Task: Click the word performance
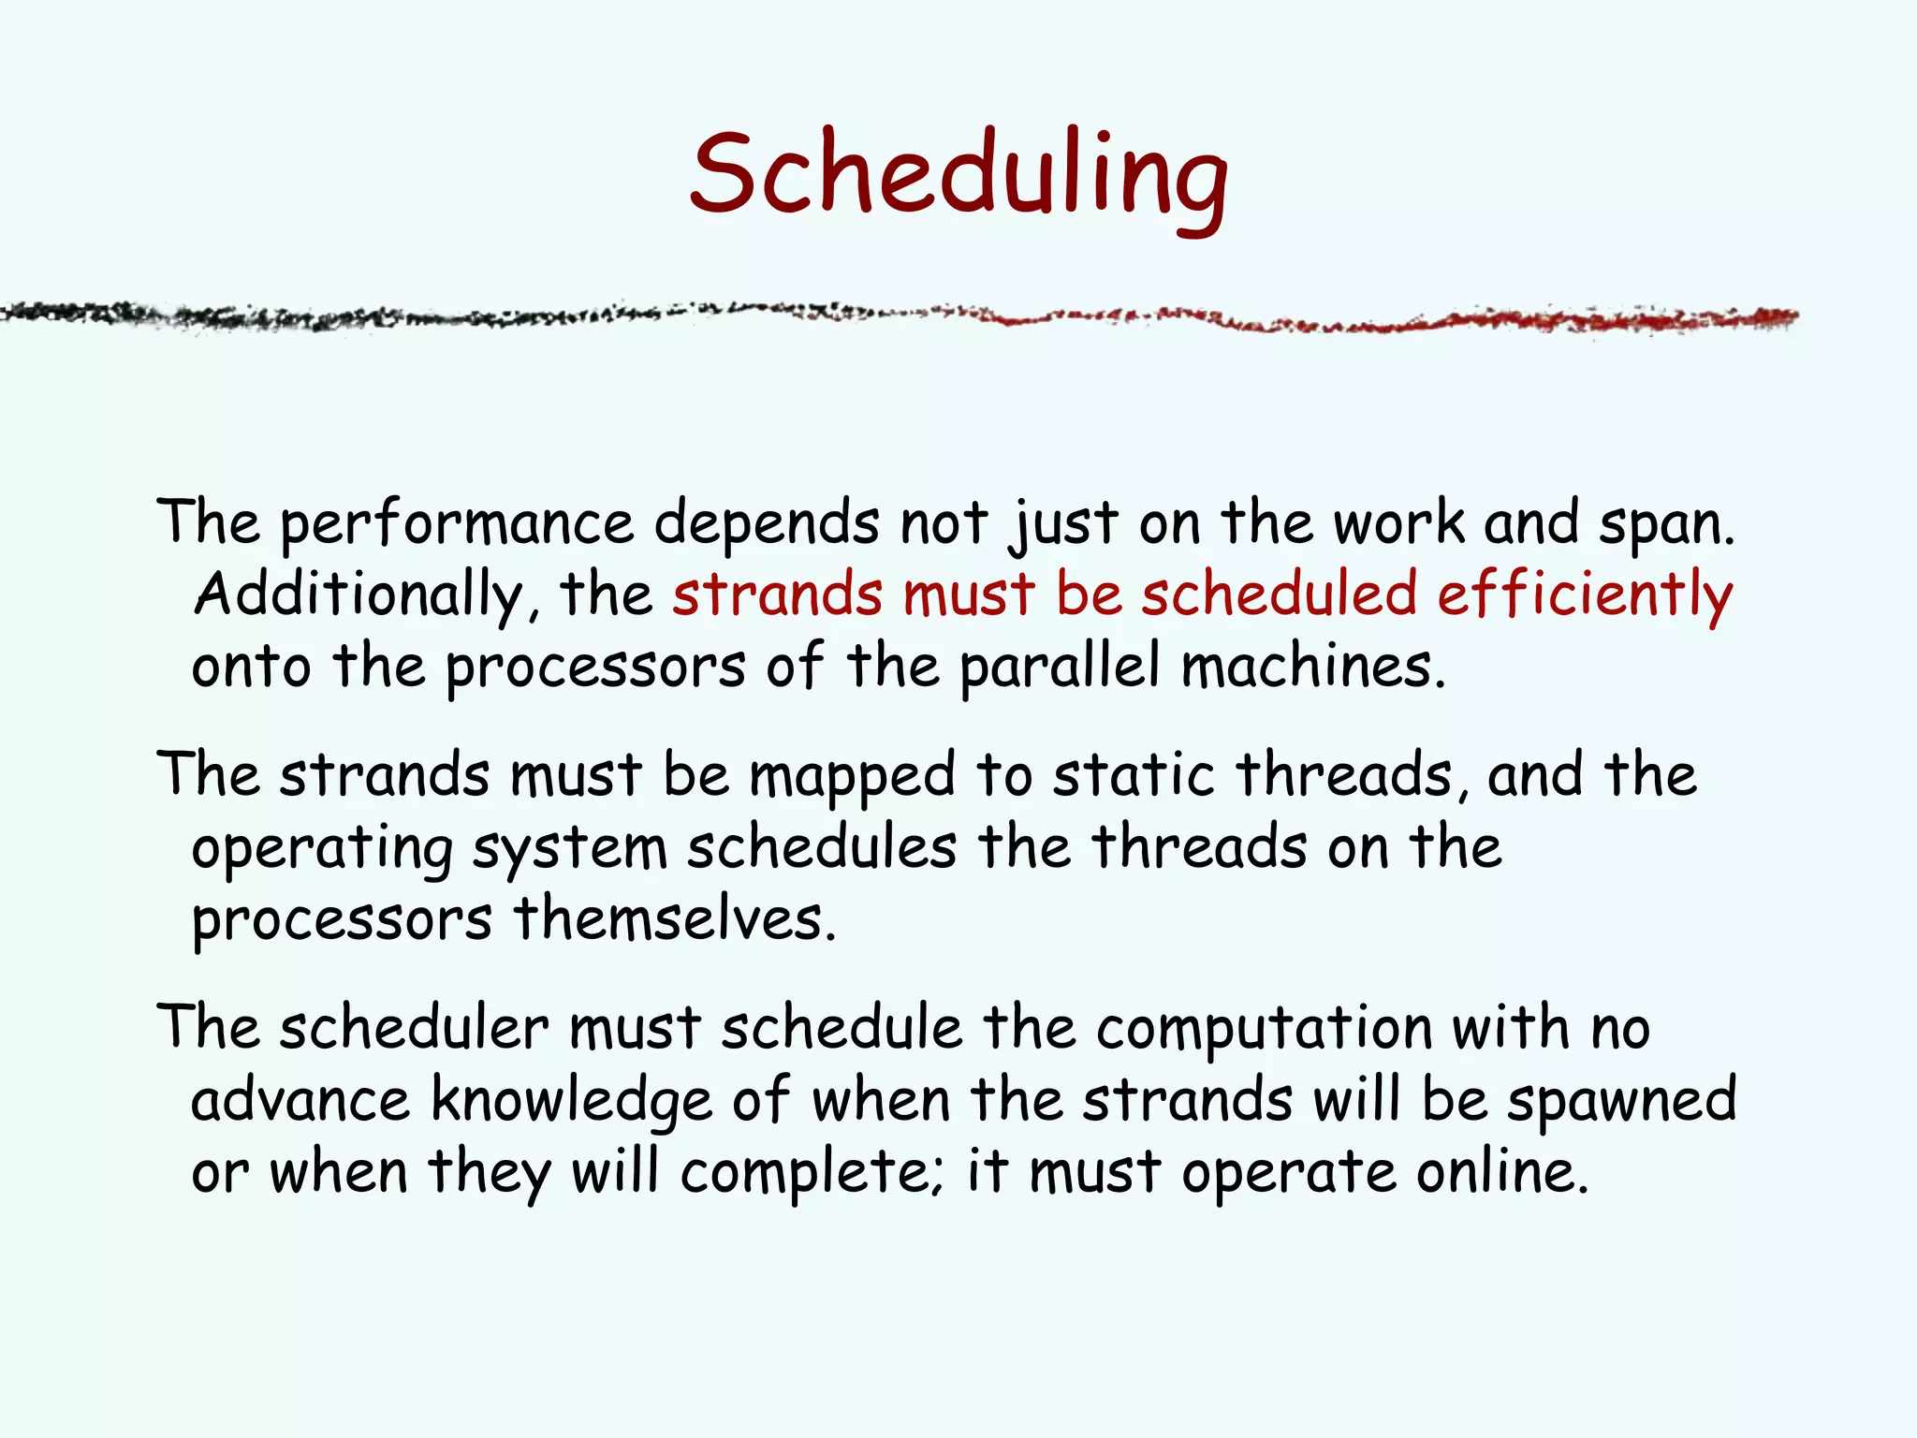(457, 524)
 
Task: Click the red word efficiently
(1584, 595)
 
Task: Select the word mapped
(852, 777)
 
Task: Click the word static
(1133, 775)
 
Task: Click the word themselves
(674, 919)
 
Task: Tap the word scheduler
(414, 1028)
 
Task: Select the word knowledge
(571, 1101)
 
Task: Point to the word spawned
(1621, 1101)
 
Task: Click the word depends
(766, 524)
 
